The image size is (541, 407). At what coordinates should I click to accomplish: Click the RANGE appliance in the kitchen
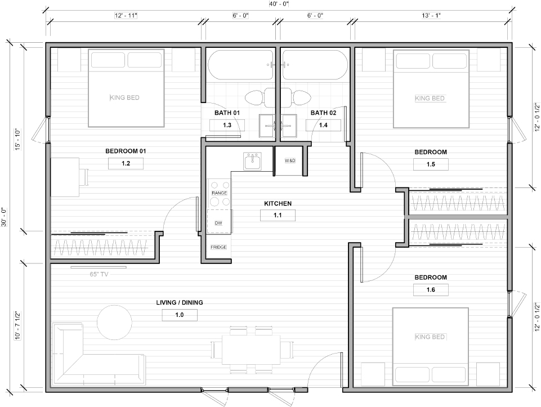pyautogui.click(x=220, y=194)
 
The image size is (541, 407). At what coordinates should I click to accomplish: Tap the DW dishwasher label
pyautogui.click(x=218, y=223)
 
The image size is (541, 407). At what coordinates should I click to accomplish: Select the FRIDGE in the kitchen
pyautogui.click(x=219, y=247)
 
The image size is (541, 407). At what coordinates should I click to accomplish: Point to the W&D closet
pyautogui.click(x=290, y=161)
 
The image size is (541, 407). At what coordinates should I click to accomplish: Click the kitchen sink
pyautogui.click(x=252, y=161)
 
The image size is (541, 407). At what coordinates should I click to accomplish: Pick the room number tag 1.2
pyautogui.click(x=126, y=163)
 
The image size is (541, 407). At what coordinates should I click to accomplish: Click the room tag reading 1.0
pyautogui.click(x=180, y=315)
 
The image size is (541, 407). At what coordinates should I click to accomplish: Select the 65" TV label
pyautogui.click(x=99, y=275)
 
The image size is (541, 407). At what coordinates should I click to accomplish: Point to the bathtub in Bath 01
pyautogui.click(x=241, y=65)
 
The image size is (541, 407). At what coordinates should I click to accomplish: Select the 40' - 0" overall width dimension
pyautogui.click(x=279, y=4)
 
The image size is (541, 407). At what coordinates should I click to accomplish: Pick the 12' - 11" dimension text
pyautogui.click(x=126, y=16)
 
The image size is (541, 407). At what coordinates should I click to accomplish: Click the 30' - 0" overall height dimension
pyautogui.click(x=4, y=217)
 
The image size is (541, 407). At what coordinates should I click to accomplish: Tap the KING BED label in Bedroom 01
pyautogui.click(x=124, y=97)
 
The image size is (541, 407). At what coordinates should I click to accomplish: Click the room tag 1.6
pyautogui.click(x=431, y=290)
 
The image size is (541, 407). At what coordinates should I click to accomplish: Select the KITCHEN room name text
pyautogui.click(x=278, y=204)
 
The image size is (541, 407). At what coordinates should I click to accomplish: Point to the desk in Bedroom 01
pyautogui.click(x=65, y=177)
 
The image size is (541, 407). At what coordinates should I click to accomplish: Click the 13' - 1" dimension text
pyautogui.click(x=431, y=16)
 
